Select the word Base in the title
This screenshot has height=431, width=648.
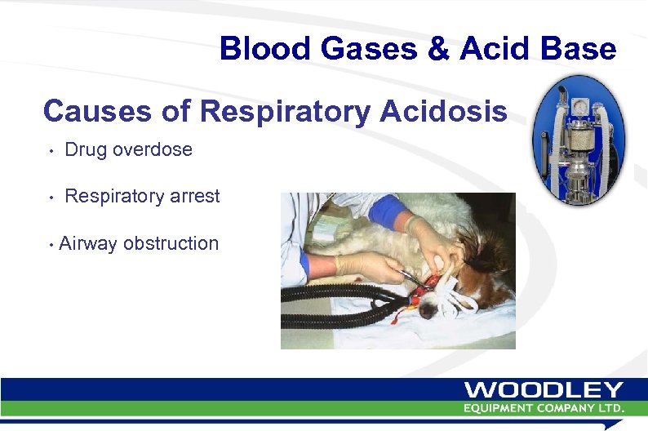pyautogui.click(x=579, y=50)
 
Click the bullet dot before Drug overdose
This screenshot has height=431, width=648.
pyautogui.click(x=51, y=151)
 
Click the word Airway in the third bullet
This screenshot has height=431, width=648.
pyautogui.click(x=88, y=243)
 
